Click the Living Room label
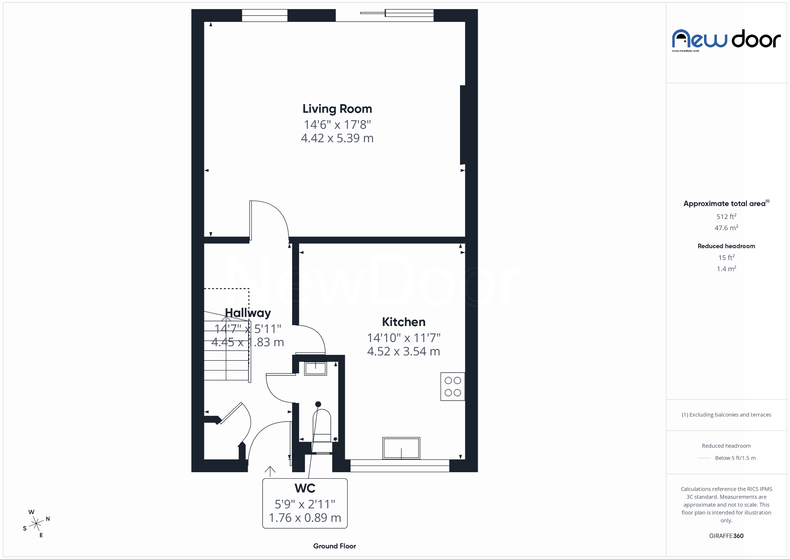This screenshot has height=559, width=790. (337, 109)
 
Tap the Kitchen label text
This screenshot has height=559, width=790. (403, 322)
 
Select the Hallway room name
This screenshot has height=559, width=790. (248, 313)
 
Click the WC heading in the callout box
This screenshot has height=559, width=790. (305, 488)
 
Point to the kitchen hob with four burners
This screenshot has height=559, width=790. (453, 387)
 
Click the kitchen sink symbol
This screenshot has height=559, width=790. (401, 448)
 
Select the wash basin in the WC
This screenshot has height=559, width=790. (315, 368)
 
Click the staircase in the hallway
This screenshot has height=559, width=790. (226, 350)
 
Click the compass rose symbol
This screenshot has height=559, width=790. (37, 524)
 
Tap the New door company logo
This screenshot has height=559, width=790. (726, 40)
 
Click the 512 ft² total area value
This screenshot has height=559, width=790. (726, 217)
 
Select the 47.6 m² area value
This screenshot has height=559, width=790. (726, 228)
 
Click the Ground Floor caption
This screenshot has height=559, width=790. (335, 546)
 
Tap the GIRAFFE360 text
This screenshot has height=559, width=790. (726, 536)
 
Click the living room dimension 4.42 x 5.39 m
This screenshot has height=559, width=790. (337, 138)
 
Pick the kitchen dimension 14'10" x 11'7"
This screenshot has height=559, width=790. (403, 338)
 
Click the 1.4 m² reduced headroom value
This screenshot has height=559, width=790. (726, 269)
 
